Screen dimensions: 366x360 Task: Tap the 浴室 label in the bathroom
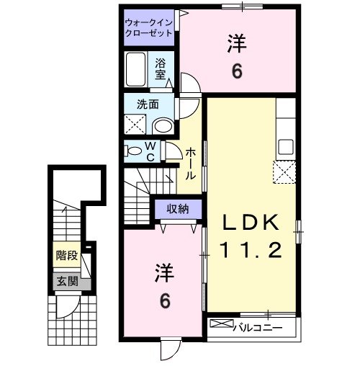click(x=160, y=68)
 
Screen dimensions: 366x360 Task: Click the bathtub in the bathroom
click(x=136, y=69)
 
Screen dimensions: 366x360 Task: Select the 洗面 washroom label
click(x=148, y=104)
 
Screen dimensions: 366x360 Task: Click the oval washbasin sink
click(x=163, y=125)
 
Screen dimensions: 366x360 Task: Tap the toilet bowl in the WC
click(x=135, y=151)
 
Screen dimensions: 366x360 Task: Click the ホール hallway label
click(x=191, y=164)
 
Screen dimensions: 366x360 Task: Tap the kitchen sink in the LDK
click(x=285, y=146)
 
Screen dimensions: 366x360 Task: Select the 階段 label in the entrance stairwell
click(x=66, y=255)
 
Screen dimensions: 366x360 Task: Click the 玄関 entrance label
click(x=66, y=282)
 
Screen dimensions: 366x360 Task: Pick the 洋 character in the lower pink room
click(x=165, y=274)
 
